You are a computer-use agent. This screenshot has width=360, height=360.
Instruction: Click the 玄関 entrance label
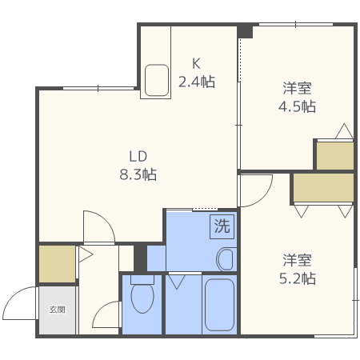point(57,310)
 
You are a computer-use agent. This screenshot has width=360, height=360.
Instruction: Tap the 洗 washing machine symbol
point(221,226)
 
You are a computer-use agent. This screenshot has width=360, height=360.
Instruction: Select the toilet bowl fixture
point(142,299)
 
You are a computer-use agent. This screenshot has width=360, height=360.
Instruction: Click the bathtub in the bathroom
point(218,304)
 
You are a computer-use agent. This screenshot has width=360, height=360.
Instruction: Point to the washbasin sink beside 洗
point(226,258)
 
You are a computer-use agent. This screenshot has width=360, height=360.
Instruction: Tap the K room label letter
point(196,64)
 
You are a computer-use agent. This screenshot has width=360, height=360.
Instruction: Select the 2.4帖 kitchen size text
point(196,81)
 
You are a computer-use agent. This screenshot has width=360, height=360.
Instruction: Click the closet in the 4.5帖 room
point(334,156)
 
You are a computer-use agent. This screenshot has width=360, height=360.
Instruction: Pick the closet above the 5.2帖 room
point(322,189)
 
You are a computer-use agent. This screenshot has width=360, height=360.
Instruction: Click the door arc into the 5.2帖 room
point(256,192)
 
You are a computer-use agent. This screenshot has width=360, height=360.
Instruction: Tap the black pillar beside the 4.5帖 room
point(246,31)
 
